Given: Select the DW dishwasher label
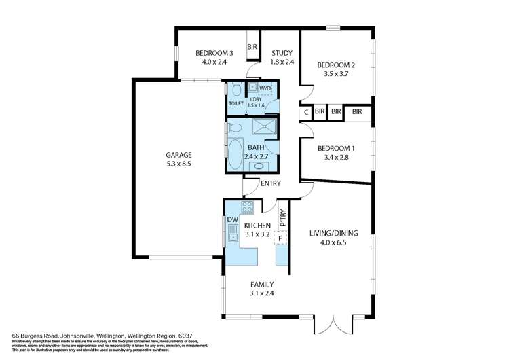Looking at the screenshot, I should [x=231, y=219].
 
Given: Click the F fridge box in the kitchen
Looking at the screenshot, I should [x=280, y=238].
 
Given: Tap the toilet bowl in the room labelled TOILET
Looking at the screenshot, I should [x=235, y=89].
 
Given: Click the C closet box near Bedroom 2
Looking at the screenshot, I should [x=306, y=111].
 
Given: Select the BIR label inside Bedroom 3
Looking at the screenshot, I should [x=252, y=47].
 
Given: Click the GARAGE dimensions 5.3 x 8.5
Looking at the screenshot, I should [x=180, y=164].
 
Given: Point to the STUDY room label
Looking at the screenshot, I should [x=282, y=53].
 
